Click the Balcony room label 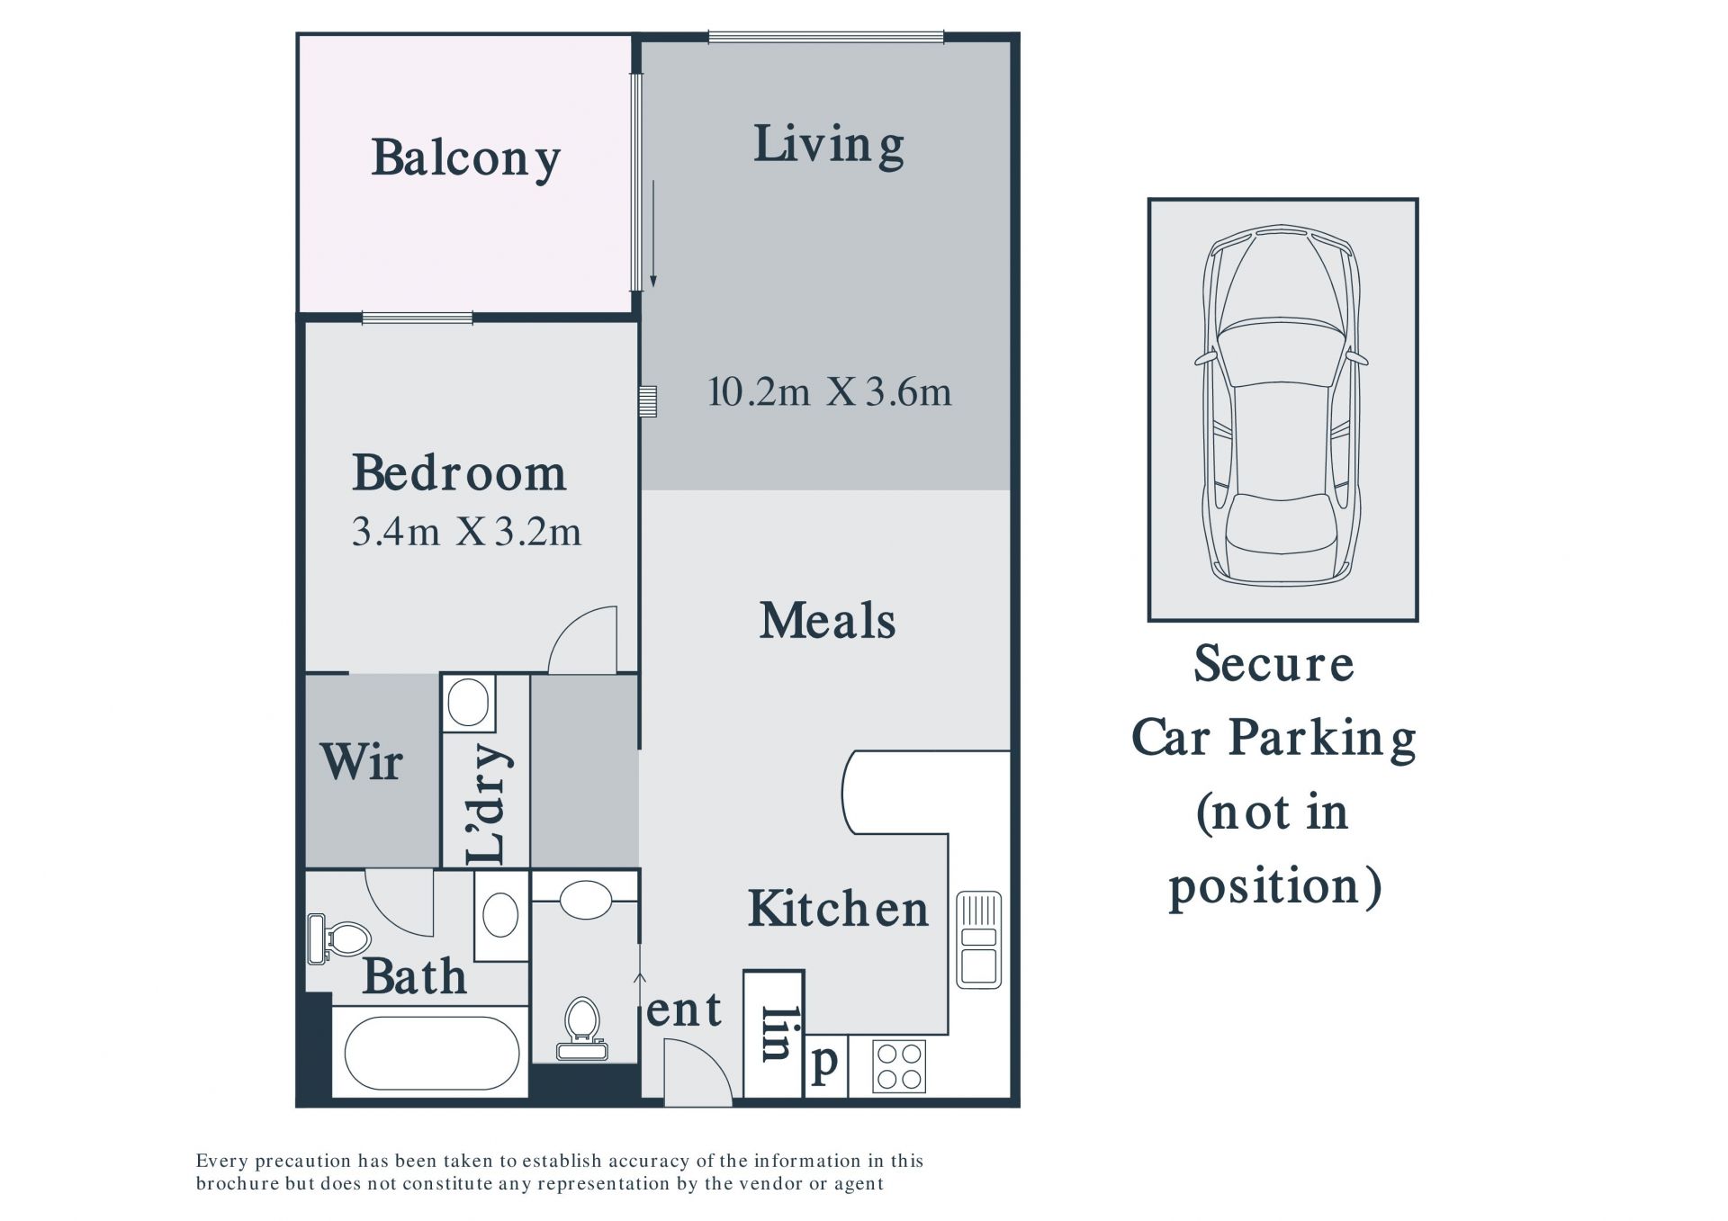click(466, 159)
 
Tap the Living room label click(828, 146)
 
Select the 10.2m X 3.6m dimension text click(829, 392)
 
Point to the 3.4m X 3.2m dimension click(466, 532)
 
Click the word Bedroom click(459, 472)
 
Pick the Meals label click(827, 621)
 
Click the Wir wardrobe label click(361, 762)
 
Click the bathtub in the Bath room click(431, 1053)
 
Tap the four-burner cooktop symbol click(899, 1066)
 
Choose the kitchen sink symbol click(978, 939)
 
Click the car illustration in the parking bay click(1282, 405)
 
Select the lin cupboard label click(774, 1034)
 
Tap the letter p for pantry click(824, 1064)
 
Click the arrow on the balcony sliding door click(652, 234)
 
